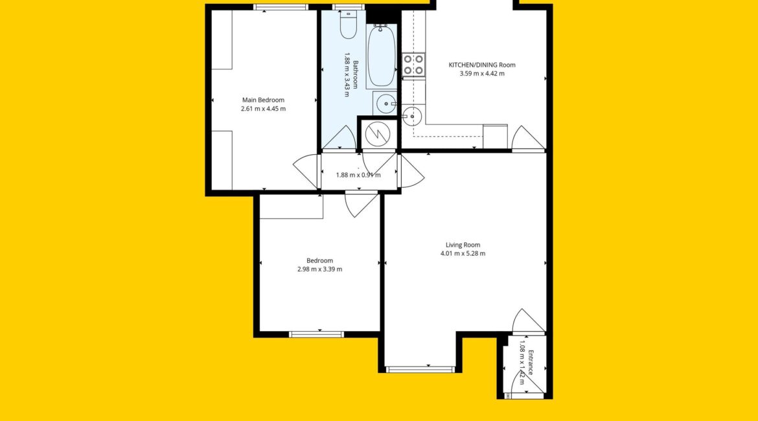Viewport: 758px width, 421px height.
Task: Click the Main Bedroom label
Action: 263,100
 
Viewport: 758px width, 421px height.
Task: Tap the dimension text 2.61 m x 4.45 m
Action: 263,109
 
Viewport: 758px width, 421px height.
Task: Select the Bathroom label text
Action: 356,74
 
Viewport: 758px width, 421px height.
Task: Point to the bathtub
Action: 381,56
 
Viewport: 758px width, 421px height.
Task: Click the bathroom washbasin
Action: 385,104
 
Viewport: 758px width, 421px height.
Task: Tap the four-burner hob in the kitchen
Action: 414,65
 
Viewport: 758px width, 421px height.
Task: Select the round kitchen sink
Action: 411,117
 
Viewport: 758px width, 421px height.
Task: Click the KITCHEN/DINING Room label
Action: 482,65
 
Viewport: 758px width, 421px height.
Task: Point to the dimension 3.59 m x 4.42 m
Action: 482,73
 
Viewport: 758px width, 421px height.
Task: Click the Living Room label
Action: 463,245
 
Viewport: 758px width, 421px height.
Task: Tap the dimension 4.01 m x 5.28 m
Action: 463,253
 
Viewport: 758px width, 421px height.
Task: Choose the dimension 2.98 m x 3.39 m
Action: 319,269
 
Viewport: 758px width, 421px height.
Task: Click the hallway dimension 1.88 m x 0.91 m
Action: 358,175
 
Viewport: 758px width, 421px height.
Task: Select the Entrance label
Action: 531,363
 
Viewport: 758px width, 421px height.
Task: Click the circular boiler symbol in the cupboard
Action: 378,134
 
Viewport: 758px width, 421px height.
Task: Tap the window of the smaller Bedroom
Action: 317,334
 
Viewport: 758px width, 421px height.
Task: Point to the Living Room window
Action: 421,370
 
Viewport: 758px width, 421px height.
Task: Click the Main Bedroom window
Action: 281,6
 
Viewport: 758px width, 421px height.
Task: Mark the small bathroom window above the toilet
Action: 348,6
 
